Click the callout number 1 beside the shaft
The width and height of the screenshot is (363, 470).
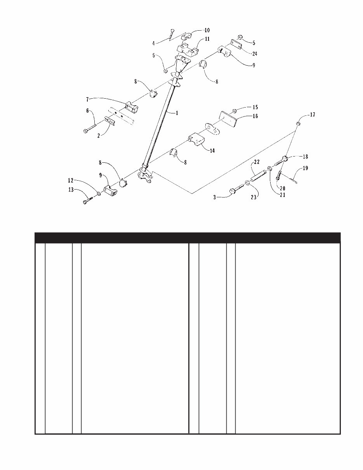pyautogui.click(x=177, y=113)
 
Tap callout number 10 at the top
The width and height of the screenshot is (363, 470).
pyautogui.click(x=207, y=30)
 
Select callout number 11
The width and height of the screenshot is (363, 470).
pyautogui.click(x=207, y=39)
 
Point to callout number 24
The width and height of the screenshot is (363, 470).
pyautogui.click(x=255, y=54)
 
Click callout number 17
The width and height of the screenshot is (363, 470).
pyautogui.click(x=313, y=115)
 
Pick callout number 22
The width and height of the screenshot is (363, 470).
pyautogui.click(x=257, y=162)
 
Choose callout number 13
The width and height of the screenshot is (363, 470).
pyautogui.click(x=71, y=190)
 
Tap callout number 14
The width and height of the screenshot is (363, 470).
pyautogui.click(x=212, y=151)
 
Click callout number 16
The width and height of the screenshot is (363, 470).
pyautogui.click(x=255, y=116)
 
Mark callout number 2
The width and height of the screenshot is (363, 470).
pyautogui.click(x=99, y=136)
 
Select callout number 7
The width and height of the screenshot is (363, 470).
pyautogui.click(x=87, y=99)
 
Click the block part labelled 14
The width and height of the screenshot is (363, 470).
pyautogui.click(x=196, y=140)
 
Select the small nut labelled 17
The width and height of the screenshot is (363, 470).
pyautogui.click(x=298, y=124)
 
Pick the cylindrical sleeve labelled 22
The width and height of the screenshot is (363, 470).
pyautogui.click(x=258, y=174)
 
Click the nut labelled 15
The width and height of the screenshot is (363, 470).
pyautogui.click(x=234, y=111)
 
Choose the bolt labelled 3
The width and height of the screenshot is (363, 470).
pyautogui.click(x=237, y=188)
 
